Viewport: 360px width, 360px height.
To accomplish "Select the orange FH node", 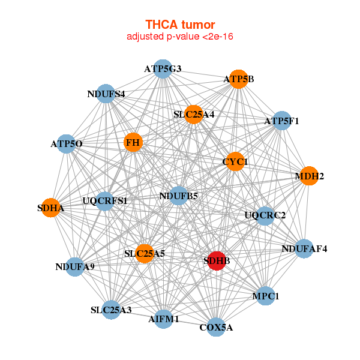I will [x=133, y=142].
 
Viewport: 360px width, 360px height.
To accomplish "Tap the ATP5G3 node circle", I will [x=162, y=69].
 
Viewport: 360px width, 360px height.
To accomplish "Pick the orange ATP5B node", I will [x=238, y=79].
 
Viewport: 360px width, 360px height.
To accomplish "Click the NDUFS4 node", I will [x=106, y=94].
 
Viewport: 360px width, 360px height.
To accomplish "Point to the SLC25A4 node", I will [x=193, y=113].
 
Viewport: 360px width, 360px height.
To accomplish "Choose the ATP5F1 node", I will [x=281, y=121].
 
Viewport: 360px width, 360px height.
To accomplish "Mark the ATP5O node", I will [x=67, y=144].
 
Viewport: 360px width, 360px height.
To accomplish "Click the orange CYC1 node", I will [x=235, y=161].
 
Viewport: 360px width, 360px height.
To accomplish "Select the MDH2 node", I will [x=309, y=176].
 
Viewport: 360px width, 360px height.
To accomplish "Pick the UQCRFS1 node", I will [x=105, y=200].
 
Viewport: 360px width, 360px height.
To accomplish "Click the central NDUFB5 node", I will [x=178, y=196].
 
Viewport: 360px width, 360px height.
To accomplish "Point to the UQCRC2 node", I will [x=265, y=215].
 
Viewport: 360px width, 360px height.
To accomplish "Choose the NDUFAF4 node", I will [x=304, y=248].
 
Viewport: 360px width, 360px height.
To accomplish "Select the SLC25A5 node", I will [x=145, y=254].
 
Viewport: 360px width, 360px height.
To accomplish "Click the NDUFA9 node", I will [x=75, y=266].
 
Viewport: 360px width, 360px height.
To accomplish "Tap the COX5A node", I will [x=216, y=328].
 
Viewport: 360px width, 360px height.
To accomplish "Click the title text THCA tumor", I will [x=179, y=25].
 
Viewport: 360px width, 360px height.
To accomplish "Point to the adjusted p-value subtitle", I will [x=179, y=37].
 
